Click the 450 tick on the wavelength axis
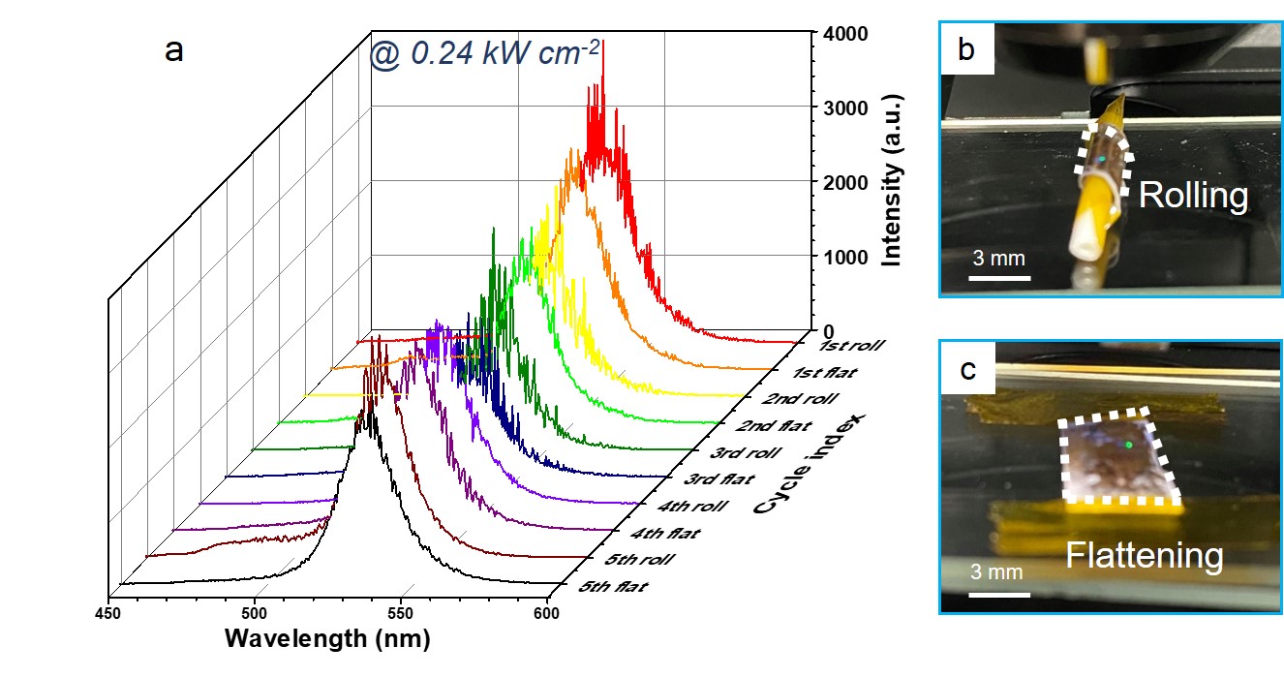107,612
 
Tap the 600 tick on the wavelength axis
547,612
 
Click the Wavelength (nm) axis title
327,639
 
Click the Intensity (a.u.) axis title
892,181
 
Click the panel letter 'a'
174,50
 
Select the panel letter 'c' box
967,371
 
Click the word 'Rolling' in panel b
1192,196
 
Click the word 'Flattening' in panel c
1145,556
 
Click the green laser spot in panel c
1129,445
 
